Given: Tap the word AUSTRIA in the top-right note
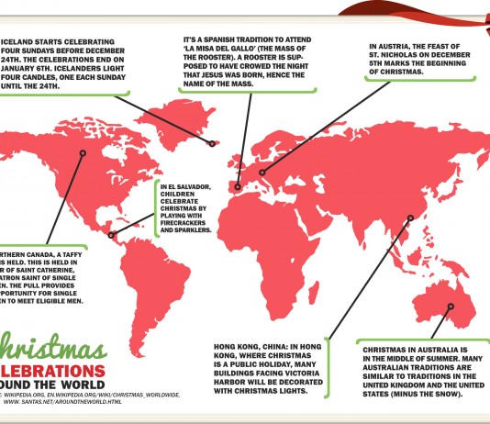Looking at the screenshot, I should point(396,44).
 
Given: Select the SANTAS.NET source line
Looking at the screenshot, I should point(64,402).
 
